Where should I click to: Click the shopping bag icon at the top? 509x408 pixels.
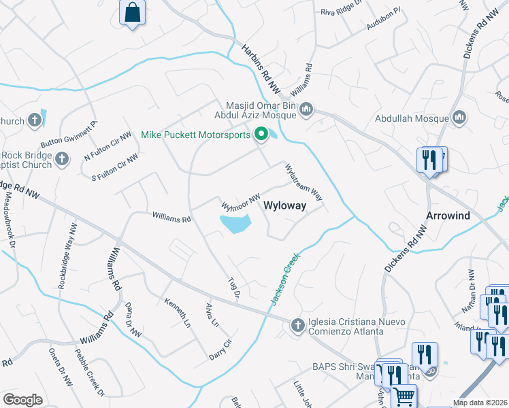click(132, 12)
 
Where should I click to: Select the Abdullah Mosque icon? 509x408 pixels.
click(459, 118)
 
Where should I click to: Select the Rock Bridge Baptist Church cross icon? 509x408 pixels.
click(62, 160)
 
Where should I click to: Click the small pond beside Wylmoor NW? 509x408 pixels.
click(234, 224)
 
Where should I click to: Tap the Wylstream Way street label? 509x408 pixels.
click(303, 181)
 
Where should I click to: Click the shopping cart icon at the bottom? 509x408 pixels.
click(404, 396)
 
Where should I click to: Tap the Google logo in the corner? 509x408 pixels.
click(22, 400)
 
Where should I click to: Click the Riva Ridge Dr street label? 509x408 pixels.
click(339, 12)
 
